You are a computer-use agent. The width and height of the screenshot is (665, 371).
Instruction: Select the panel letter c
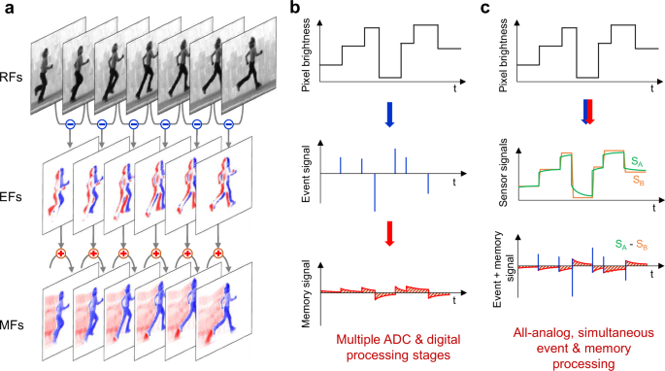point(486,8)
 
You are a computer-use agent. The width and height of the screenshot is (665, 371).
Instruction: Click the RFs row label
point(11,78)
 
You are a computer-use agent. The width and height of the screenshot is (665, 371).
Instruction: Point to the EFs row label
point(11,197)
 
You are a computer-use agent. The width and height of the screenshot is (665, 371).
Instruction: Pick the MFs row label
point(12,325)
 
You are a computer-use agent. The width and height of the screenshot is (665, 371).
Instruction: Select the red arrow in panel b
point(389,233)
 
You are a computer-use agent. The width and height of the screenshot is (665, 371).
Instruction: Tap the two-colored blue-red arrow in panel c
point(588,112)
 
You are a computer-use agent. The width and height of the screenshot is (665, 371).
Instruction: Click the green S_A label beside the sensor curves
point(637,162)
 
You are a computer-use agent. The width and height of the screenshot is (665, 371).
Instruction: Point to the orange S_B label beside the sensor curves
point(639,180)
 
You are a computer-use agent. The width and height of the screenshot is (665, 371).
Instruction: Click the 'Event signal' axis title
point(307,174)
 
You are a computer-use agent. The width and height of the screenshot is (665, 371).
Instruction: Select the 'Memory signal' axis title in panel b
point(307,293)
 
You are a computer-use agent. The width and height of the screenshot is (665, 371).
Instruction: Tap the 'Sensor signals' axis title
point(504,173)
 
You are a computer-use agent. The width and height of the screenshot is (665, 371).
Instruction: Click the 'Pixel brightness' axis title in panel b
point(307,55)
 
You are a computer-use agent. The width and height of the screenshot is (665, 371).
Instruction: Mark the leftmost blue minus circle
point(71,124)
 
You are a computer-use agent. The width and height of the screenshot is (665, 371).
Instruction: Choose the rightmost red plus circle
point(218,253)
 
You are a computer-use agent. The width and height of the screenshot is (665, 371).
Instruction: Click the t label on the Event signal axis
point(454,183)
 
